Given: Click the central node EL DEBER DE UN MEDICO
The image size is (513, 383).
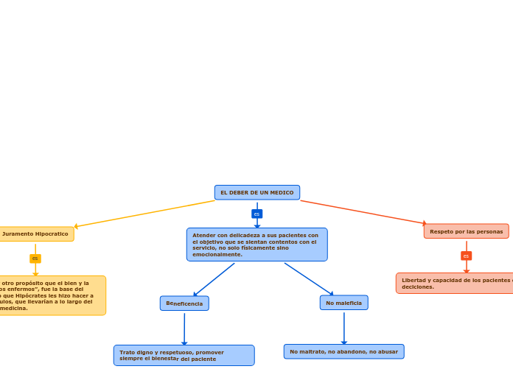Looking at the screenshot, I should pos(256,192).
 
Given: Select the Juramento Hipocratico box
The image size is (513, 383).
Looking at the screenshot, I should pos(35,234).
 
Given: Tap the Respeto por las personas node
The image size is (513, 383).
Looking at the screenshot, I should pos(466,231).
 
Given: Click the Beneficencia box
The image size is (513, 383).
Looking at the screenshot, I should pos(184,303).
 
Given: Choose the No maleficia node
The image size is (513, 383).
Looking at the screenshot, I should pos(343,303).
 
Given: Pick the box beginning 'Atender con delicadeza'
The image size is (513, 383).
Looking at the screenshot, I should pos(256,245).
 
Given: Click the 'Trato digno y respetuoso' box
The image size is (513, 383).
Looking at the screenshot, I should pos(184,356).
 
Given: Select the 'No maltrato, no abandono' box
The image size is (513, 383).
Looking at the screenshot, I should pos(343,351).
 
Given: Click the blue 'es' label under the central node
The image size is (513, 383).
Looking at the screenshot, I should pos(256,214).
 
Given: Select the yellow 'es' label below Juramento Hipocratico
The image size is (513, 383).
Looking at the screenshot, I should pos(35,259).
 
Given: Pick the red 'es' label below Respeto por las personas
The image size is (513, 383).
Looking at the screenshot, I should pos(466,256).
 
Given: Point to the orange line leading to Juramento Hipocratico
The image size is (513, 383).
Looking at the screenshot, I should pos(147,214).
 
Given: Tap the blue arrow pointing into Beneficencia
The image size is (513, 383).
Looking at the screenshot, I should pos(214,280).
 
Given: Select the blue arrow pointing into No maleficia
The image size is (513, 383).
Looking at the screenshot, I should pos(310,280).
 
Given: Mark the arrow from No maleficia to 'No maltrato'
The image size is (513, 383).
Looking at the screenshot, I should pos(343,327).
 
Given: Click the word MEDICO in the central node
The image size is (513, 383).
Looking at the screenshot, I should pos(282,193).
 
